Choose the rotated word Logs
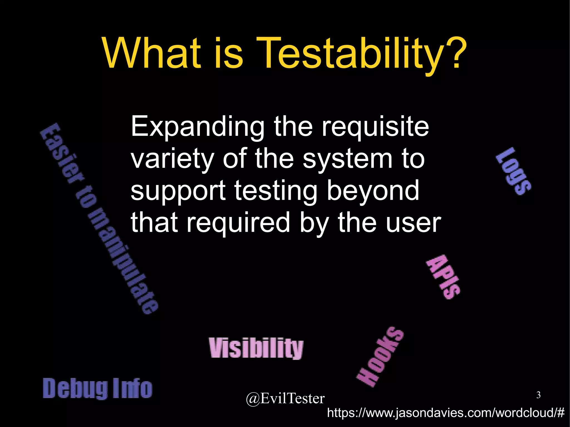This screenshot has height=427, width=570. (x=514, y=171)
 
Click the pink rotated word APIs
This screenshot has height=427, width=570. (x=443, y=277)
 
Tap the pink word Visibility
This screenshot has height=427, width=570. (x=256, y=348)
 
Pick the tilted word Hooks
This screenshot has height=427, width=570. (x=380, y=357)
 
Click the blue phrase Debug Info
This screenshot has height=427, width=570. (x=97, y=388)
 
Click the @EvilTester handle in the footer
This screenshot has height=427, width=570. (x=285, y=399)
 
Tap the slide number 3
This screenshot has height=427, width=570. (x=538, y=395)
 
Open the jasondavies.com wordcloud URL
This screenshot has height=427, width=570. (x=446, y=413)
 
